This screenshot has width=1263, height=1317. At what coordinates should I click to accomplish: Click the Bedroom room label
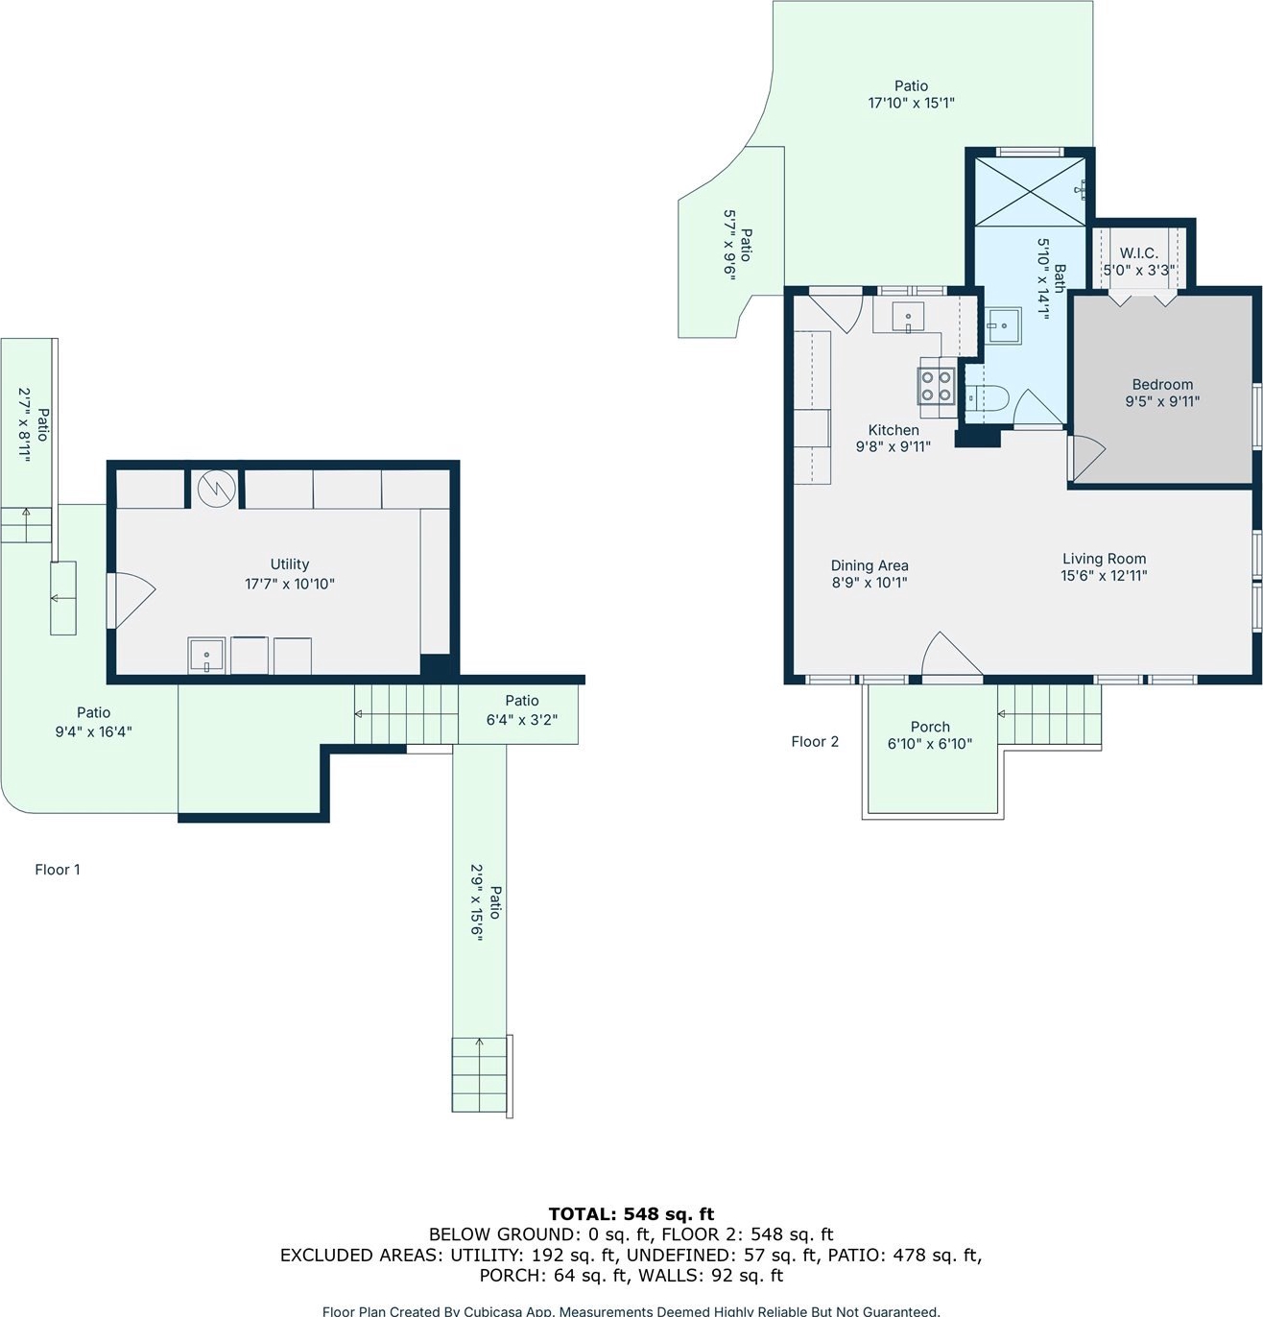click(1162, 384)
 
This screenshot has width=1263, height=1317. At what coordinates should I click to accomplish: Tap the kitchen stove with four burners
click(937, 386)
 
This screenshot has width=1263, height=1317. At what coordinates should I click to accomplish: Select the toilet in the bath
click(987, 398)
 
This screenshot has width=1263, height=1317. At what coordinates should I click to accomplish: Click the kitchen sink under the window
click(908, 317)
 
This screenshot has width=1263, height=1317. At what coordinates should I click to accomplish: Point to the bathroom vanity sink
click(1003, 325)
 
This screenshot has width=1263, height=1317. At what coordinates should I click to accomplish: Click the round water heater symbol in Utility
click(217, 488)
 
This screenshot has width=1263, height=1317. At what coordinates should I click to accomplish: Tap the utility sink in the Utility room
click(206, 655)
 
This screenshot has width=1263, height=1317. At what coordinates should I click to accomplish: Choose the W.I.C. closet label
click(1139, 253)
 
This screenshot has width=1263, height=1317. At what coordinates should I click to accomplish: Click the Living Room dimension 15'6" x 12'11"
click(1104, 576)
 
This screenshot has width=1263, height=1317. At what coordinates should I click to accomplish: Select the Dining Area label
click(870, 565)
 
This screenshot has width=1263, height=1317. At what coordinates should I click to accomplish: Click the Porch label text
click(930, 727)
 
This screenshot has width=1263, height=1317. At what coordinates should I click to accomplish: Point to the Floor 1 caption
click(58, 870)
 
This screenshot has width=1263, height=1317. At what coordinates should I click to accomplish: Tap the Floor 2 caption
click(815, 742)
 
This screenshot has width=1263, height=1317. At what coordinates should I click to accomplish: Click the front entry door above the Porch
click(952, 654)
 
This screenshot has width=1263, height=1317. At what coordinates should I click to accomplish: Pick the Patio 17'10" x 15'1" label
click(911, 94)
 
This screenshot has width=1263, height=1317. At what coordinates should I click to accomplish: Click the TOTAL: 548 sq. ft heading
click(631, 1213)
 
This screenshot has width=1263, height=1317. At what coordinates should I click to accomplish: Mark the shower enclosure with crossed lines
click(1030, 192)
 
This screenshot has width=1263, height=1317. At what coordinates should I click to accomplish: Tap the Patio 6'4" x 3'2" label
click(521, 710)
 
